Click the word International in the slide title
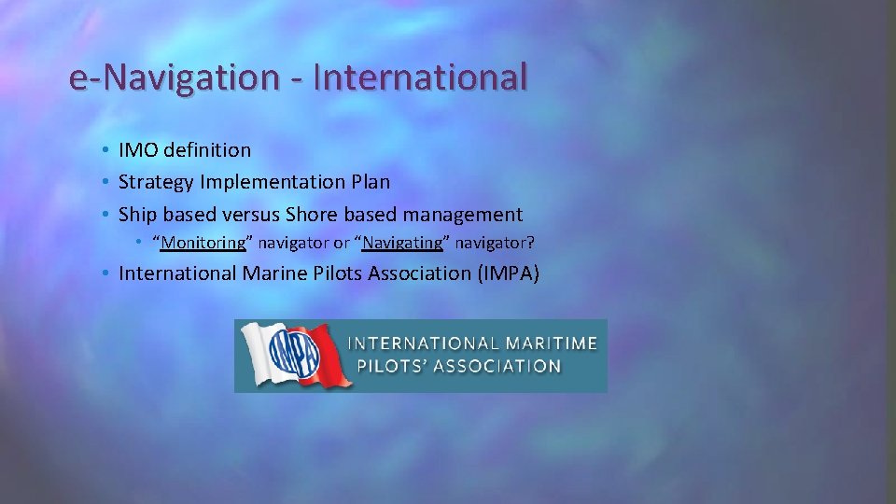[420, 77]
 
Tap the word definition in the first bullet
[207, 149]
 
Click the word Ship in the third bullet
[138, 214]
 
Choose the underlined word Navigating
[402, 243]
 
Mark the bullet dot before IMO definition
[107, 150]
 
